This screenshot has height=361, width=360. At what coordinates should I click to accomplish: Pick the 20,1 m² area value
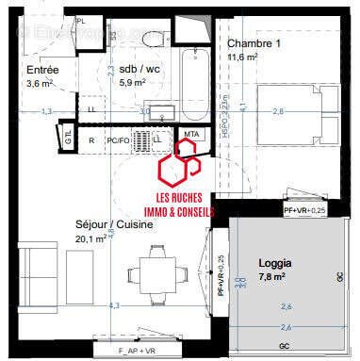90,238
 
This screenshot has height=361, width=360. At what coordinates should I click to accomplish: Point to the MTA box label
192,135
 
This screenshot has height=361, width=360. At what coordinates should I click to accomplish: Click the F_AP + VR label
142,350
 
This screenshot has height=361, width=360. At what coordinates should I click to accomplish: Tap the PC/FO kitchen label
119,140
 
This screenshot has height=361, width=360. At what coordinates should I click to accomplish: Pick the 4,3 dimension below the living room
114,305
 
